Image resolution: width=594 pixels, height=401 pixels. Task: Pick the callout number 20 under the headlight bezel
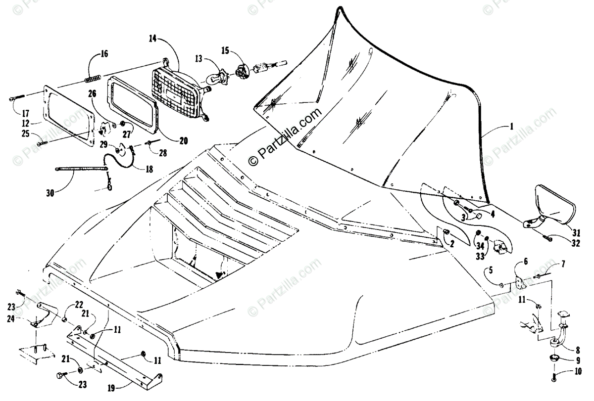click(183, 140)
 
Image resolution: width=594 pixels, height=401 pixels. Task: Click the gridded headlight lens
click(175, 92)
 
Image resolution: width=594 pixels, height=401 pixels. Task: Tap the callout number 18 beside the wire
click(148, 169)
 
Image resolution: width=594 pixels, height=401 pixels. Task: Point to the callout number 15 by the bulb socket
click(225, 50)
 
